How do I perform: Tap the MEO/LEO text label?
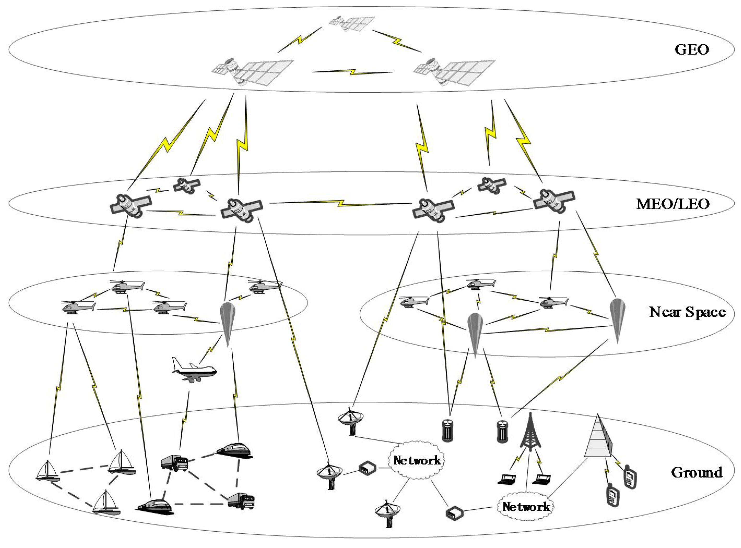click(673, 203)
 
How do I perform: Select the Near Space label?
click(687, 312)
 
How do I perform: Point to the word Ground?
click(696, 472)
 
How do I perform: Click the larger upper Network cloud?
click(417, 460)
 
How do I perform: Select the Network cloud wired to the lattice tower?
click(526, 507)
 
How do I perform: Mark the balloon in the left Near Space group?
click(228, 322)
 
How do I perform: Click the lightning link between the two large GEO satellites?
click(353, 72)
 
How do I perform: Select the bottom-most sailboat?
click(106, 503)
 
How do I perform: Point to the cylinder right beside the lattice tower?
click(502, 431)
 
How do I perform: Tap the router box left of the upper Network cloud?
click(367, 468)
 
